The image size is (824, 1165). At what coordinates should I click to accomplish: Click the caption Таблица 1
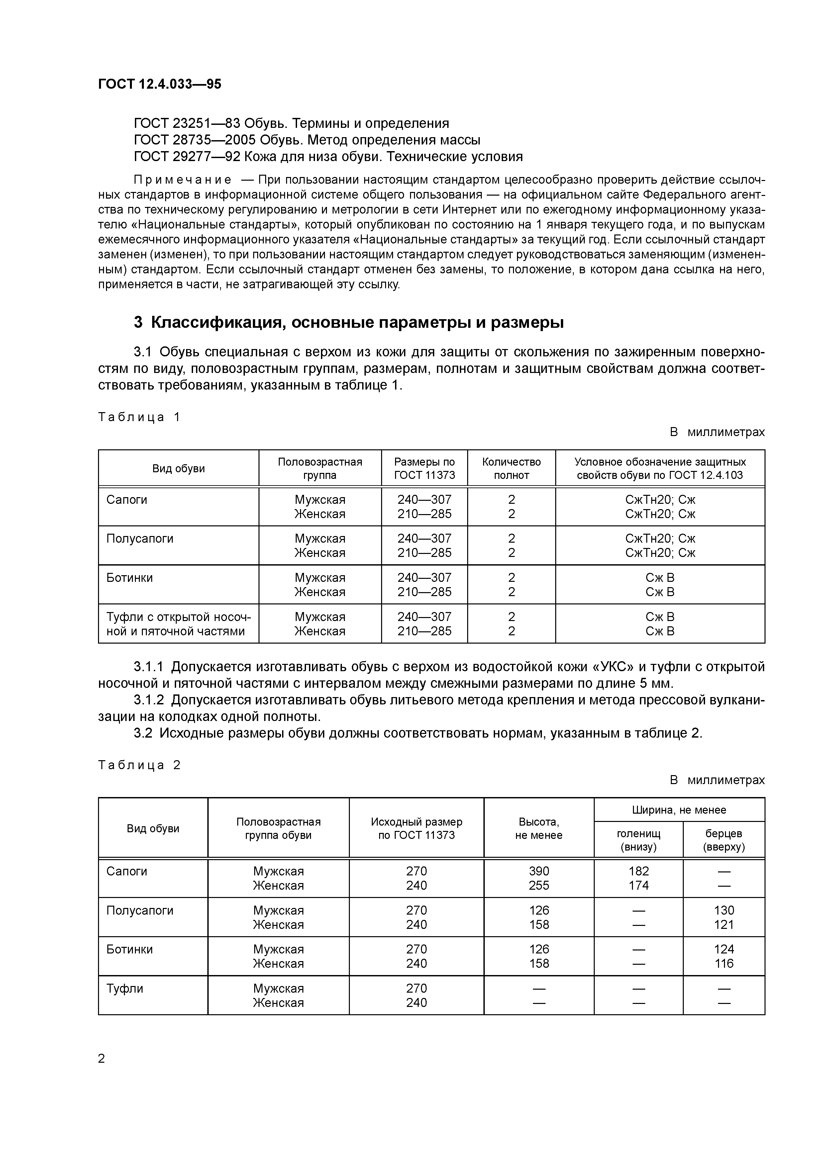(x=139, y=417)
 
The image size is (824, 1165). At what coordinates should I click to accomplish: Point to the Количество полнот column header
(x=511, y=468)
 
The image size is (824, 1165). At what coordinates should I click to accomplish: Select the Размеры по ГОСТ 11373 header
(x=424, y=468)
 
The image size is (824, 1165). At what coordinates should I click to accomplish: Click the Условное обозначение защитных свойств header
(x=660, y=468)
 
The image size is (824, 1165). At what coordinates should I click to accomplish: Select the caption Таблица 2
(x=139, y=765)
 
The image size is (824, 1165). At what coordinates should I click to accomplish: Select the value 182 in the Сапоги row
(x=639, y=871)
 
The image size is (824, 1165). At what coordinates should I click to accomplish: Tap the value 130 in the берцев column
(x=724, y=910)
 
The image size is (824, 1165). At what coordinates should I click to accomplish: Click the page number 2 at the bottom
(x=102, y=1058)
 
